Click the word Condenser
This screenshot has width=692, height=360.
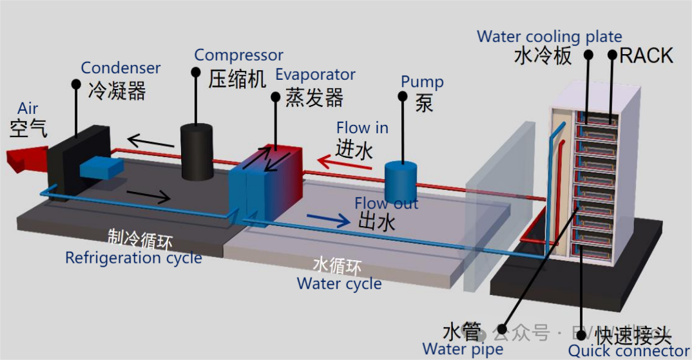(120, 68)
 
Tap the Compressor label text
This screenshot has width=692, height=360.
(238, 56)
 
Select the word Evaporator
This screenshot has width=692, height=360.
(315, 75)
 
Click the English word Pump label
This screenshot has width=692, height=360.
(422, 82)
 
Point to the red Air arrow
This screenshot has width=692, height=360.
(26, 157)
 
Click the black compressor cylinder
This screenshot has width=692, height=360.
(197, 152)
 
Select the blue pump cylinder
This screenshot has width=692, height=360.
(401, 182)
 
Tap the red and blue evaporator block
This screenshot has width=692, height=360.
(265, 184)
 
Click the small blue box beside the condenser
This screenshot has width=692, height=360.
(101, 167)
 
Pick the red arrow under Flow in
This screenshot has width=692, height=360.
(345, 164)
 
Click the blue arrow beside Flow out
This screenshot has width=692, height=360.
(329, 220)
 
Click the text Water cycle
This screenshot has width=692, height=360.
(339, 283)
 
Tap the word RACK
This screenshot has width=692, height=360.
(646, 56)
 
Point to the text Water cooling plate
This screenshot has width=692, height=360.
(549, 37)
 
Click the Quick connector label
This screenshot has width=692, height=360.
(628, 351)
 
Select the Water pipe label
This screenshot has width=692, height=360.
(462, 350)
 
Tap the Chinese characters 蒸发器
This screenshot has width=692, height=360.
(314, 98)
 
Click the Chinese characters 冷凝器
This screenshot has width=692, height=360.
(117, 91)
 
